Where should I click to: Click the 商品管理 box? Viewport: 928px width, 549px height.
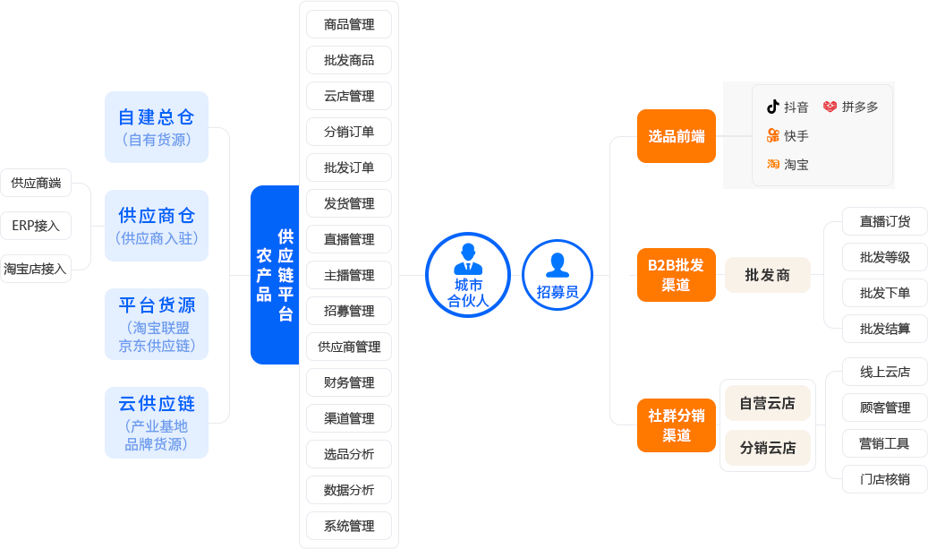(x=349, y=24)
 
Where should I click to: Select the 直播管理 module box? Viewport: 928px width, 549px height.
(x=349, y=239)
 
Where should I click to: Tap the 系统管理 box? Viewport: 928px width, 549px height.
(x=349, y=526)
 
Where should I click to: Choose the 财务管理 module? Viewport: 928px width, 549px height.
(x=349, y=382)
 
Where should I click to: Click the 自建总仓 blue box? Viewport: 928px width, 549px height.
(x=157, y=127)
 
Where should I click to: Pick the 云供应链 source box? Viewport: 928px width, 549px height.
(x=157, y=422)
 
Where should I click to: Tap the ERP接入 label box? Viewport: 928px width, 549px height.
(x=36, y=226)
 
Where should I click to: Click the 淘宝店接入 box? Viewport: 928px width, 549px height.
(x=36, y=269)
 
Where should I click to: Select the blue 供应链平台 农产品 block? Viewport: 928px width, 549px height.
(x=275, y=275)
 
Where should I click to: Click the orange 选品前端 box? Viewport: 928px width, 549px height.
(x=677, y=136)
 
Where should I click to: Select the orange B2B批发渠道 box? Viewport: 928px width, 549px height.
(x=677, y=275)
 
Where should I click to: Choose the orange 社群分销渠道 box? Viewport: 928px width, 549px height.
(x=677, y=425)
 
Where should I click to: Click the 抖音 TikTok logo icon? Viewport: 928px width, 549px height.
(x=772, y=107)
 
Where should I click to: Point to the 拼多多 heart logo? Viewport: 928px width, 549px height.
(x=830, y=107)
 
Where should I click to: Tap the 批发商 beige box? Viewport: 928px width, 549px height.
(x=768, y=275)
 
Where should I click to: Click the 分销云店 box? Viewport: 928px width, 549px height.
(x=768, y=448)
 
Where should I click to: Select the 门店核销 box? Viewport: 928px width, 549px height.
(x=885, y=479)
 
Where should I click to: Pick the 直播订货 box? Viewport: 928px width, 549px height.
(x=885, y=221)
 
